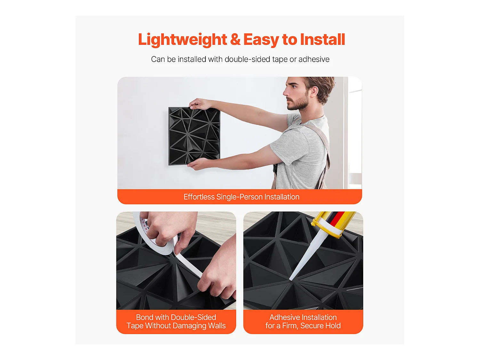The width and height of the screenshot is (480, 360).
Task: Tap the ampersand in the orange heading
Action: tap(235, 39)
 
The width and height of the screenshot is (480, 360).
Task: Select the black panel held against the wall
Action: tap(194, 136)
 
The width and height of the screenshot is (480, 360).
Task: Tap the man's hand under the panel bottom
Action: tap(198, 164)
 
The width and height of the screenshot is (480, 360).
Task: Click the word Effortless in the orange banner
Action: tap(199, 197)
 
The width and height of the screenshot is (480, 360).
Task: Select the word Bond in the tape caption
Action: tap(144, 317)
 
